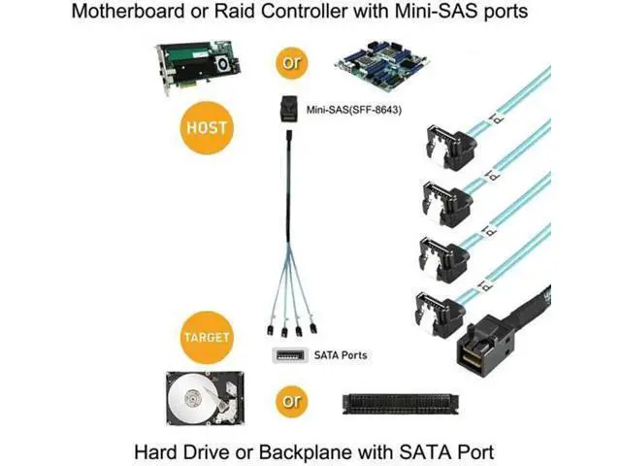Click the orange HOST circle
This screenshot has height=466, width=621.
pos(207,127)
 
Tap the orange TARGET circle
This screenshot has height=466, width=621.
pos(207,337)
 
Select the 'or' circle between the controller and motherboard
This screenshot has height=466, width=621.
pos(292,62)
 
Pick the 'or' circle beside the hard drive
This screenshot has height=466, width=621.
pos(292,401)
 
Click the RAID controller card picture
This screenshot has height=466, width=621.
pos(198,67)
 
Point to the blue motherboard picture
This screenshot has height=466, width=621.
pos(381,64)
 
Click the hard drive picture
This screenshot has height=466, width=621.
pos(205,398)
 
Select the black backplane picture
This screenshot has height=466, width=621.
pos(400,404)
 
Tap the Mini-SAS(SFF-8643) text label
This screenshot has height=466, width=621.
pos(353,110)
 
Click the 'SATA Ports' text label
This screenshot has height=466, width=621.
pos(341,355)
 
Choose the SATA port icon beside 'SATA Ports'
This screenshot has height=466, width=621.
pos(290,355)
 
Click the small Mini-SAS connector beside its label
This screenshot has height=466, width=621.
pos(288,108)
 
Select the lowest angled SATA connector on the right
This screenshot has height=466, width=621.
pos(437,315)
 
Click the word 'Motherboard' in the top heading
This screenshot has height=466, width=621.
pos(128,11)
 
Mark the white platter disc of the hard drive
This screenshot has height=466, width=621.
pos(193,399)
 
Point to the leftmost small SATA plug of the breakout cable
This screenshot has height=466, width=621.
pos(270,330)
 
